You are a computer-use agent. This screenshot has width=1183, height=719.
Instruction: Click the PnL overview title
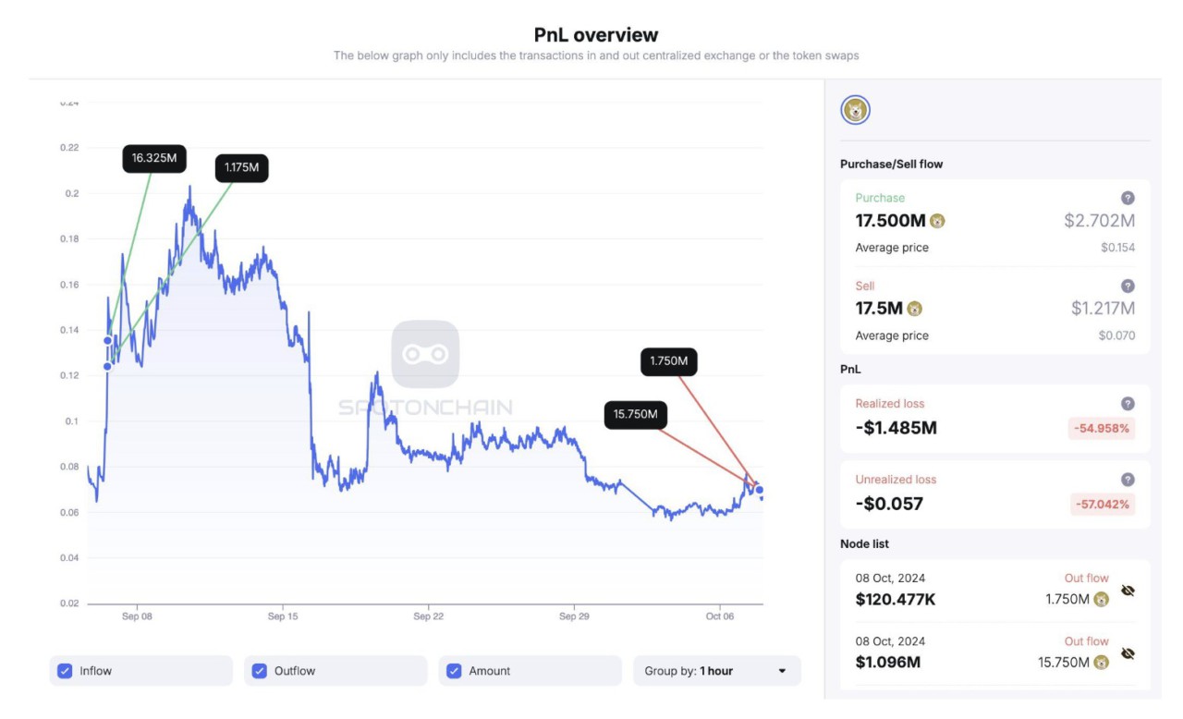[596, 35]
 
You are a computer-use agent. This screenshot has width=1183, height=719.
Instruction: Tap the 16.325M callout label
[154, 158]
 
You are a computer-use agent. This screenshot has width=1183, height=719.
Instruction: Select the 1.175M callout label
[241, 168]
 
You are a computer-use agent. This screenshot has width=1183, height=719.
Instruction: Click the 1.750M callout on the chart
[668, 361]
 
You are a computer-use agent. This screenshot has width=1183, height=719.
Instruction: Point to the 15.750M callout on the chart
[635, 414]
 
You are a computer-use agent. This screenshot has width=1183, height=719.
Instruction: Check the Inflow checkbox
[65, 671]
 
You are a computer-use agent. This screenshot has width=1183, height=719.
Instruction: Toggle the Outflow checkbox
[260, 671]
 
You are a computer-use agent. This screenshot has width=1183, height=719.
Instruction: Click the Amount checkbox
[454, 671]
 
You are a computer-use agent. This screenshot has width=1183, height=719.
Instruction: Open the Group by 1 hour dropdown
[716, 671]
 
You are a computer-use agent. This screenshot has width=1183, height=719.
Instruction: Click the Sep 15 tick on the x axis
[283, 616]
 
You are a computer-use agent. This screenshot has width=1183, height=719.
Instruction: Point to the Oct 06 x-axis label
[720, 616]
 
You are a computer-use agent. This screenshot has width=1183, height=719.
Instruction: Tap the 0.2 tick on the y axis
[72, 193]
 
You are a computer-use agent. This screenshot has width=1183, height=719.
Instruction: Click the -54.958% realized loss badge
[1100, 429]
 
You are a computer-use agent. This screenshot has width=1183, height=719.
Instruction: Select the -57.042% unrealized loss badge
[1100, 505]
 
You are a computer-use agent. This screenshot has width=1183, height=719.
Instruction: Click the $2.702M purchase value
[1099, 221]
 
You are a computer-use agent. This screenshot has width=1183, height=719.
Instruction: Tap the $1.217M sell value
[1103, 309]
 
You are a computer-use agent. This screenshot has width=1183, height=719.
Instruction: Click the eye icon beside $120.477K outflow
[1128, 591]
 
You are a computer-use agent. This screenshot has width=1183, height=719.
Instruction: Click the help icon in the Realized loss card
[1128, 404]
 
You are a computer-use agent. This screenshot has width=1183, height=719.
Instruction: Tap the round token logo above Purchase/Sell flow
[855, 111]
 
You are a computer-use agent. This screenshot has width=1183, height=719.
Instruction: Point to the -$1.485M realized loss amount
[896, 428]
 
